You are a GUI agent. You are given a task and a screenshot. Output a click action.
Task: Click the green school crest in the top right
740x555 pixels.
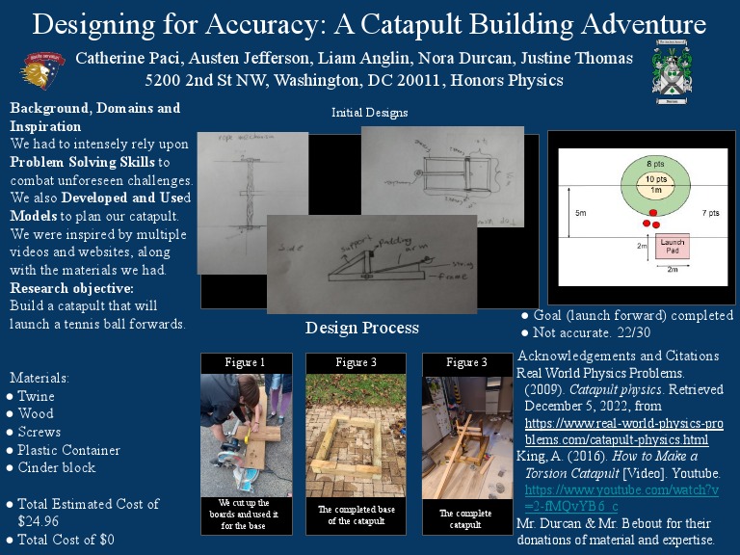[x=671, y=76]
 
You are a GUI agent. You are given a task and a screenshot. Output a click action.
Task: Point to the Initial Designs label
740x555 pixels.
[x=369, y=113]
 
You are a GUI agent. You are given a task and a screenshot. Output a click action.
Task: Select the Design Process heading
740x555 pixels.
[x=362, y=329]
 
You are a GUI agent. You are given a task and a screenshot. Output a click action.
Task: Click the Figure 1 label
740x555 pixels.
[x=245, y=362]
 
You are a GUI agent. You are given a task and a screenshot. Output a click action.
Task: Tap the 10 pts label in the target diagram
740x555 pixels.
[x=655, y=178]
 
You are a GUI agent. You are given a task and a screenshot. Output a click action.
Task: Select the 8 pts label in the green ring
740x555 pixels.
[x=655, y=163]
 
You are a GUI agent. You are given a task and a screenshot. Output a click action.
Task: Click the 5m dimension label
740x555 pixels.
[x=579, y=212]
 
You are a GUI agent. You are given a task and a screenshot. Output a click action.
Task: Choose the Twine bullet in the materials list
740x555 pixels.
[x=36, y=396]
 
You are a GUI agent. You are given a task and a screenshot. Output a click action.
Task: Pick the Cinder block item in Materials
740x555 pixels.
[x=57, y=467]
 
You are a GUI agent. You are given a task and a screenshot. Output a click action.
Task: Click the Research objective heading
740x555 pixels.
[x=71, y=288]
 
